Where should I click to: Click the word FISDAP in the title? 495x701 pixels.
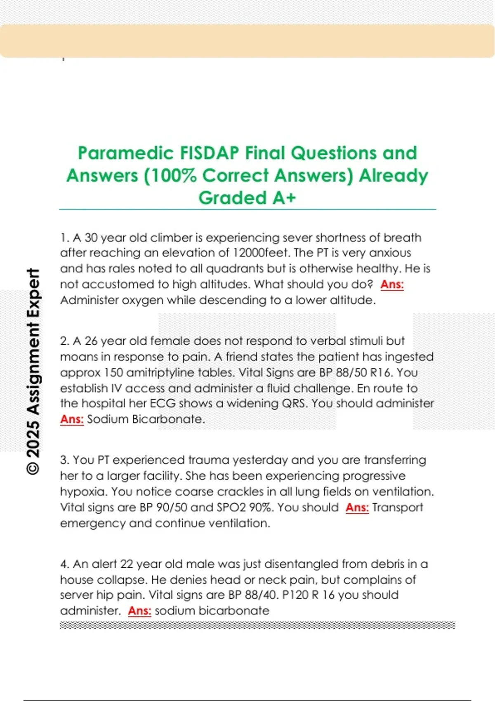tap(210, 153)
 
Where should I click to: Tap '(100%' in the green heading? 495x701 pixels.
tap(170, 176)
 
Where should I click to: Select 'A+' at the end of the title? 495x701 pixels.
tap(284, 198)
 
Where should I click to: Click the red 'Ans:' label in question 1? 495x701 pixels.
tap(392, 284)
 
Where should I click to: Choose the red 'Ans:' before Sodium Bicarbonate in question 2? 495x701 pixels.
tap(72, 419)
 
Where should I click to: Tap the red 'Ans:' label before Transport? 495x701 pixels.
tap(357, 507)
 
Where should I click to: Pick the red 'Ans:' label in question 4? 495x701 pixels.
tap(139, 610)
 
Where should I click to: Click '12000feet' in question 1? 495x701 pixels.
tap(261, 252)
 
